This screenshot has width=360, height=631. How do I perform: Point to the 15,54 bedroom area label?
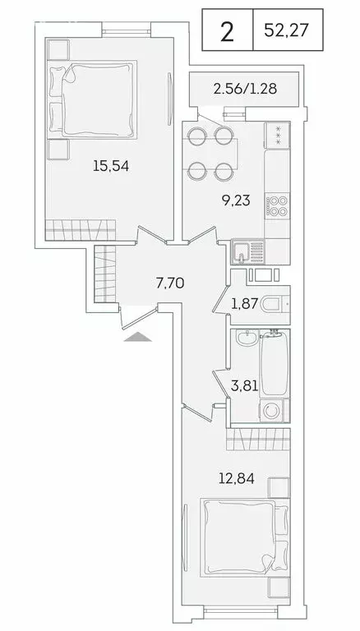[x=110, y=165]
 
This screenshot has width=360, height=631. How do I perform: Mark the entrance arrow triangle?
[x=139, y=336]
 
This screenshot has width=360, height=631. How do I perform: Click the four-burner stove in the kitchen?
[x=277, y=203]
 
